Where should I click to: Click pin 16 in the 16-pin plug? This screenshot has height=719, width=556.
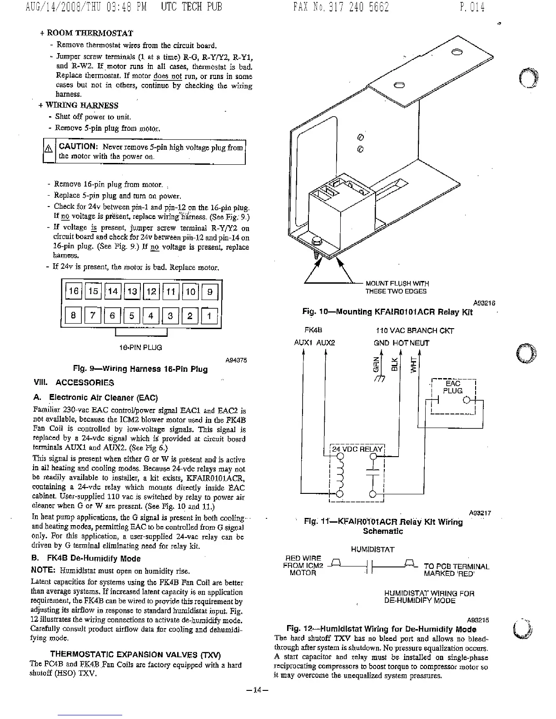click(73, 291)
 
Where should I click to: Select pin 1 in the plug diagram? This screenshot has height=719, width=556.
click(209, 315)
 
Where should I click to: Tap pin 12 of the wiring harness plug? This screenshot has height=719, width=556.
click(151, 291)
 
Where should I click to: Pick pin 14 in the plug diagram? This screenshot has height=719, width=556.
click(112, 291)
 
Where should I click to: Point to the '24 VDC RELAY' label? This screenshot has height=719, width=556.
click(357, 449)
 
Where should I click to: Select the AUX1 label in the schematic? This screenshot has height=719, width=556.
click(303, 343)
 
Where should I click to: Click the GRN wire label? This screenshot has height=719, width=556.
click(375, 363)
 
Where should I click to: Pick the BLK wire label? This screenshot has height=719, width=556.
click(394, 363)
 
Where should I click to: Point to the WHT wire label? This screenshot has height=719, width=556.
click(413, 364)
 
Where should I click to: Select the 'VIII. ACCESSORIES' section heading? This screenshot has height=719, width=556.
click(74, 383)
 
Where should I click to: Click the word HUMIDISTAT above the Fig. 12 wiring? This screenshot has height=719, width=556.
click(372, 550)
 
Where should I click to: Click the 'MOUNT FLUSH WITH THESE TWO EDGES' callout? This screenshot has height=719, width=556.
click(397, 287)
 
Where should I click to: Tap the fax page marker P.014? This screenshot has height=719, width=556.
click(472, 7)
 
